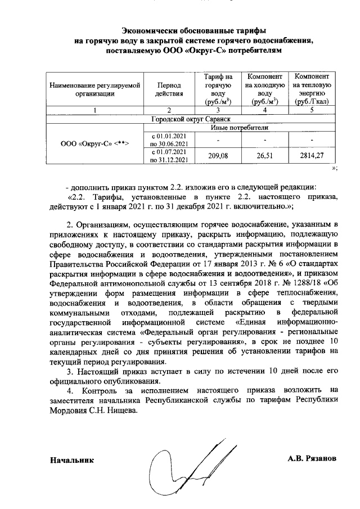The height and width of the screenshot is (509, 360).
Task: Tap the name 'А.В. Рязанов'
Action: pyautogui.click(x=312, y=458)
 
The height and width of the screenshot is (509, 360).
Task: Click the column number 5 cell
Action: pyautogui.click(x=311, y=110)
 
